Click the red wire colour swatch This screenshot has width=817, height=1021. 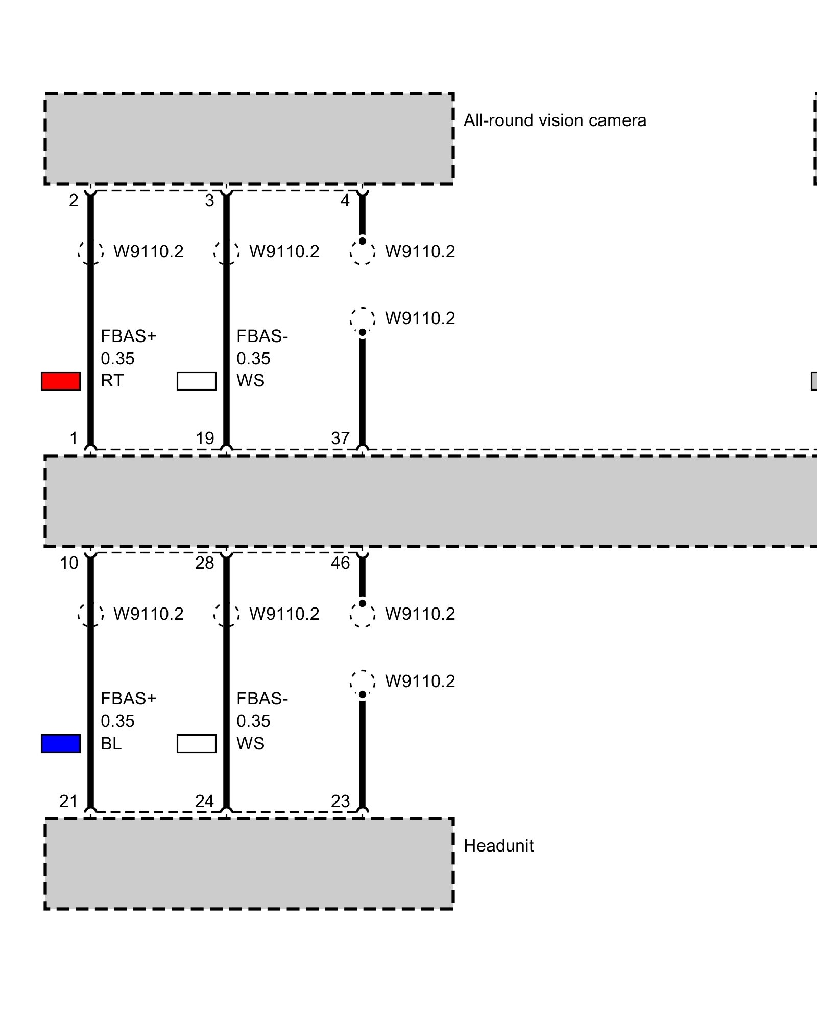61,381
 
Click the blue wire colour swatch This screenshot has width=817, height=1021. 61,744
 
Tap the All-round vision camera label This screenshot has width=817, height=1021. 555,120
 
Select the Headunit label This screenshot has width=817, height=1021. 498,846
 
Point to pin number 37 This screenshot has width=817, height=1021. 340,438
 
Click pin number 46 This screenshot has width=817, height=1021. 340,563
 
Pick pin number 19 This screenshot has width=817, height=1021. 205,438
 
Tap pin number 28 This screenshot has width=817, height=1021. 204,563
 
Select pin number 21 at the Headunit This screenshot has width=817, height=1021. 68,801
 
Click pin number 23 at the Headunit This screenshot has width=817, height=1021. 340,801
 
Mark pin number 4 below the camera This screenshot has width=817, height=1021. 345,201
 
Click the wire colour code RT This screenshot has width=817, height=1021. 112,381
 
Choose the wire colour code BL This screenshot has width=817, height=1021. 111,744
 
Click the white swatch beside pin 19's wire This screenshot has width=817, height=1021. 197,381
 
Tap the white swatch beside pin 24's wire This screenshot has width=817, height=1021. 197,744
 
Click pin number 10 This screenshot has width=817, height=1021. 69,563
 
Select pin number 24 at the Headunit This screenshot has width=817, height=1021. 204,801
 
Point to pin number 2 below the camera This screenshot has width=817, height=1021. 74,201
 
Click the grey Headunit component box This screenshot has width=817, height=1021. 249,864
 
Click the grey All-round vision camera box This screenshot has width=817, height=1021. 249,139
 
